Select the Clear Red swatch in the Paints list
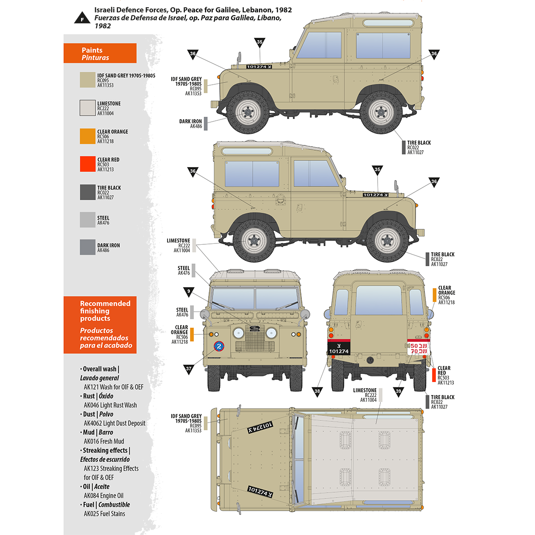pos(87,164)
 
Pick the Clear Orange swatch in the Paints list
pos(87,136)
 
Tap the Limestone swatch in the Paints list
pos(87,108)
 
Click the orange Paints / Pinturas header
pos(100,53)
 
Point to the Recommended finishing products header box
pos(100,325)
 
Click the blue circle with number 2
pos(218,347)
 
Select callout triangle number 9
pos(189,292)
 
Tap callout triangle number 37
pos(189,369)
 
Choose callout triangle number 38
pos(317,391)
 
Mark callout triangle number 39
pos(399,391)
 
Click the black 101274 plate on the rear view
pos(339,348)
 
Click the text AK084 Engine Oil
pos(103,496)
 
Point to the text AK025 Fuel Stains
pos(104,514)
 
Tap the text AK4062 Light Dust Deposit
pos(115,423)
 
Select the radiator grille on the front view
pos(254,339)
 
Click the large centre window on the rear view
pos(379,300)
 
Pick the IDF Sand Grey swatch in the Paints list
pos(87,80)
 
